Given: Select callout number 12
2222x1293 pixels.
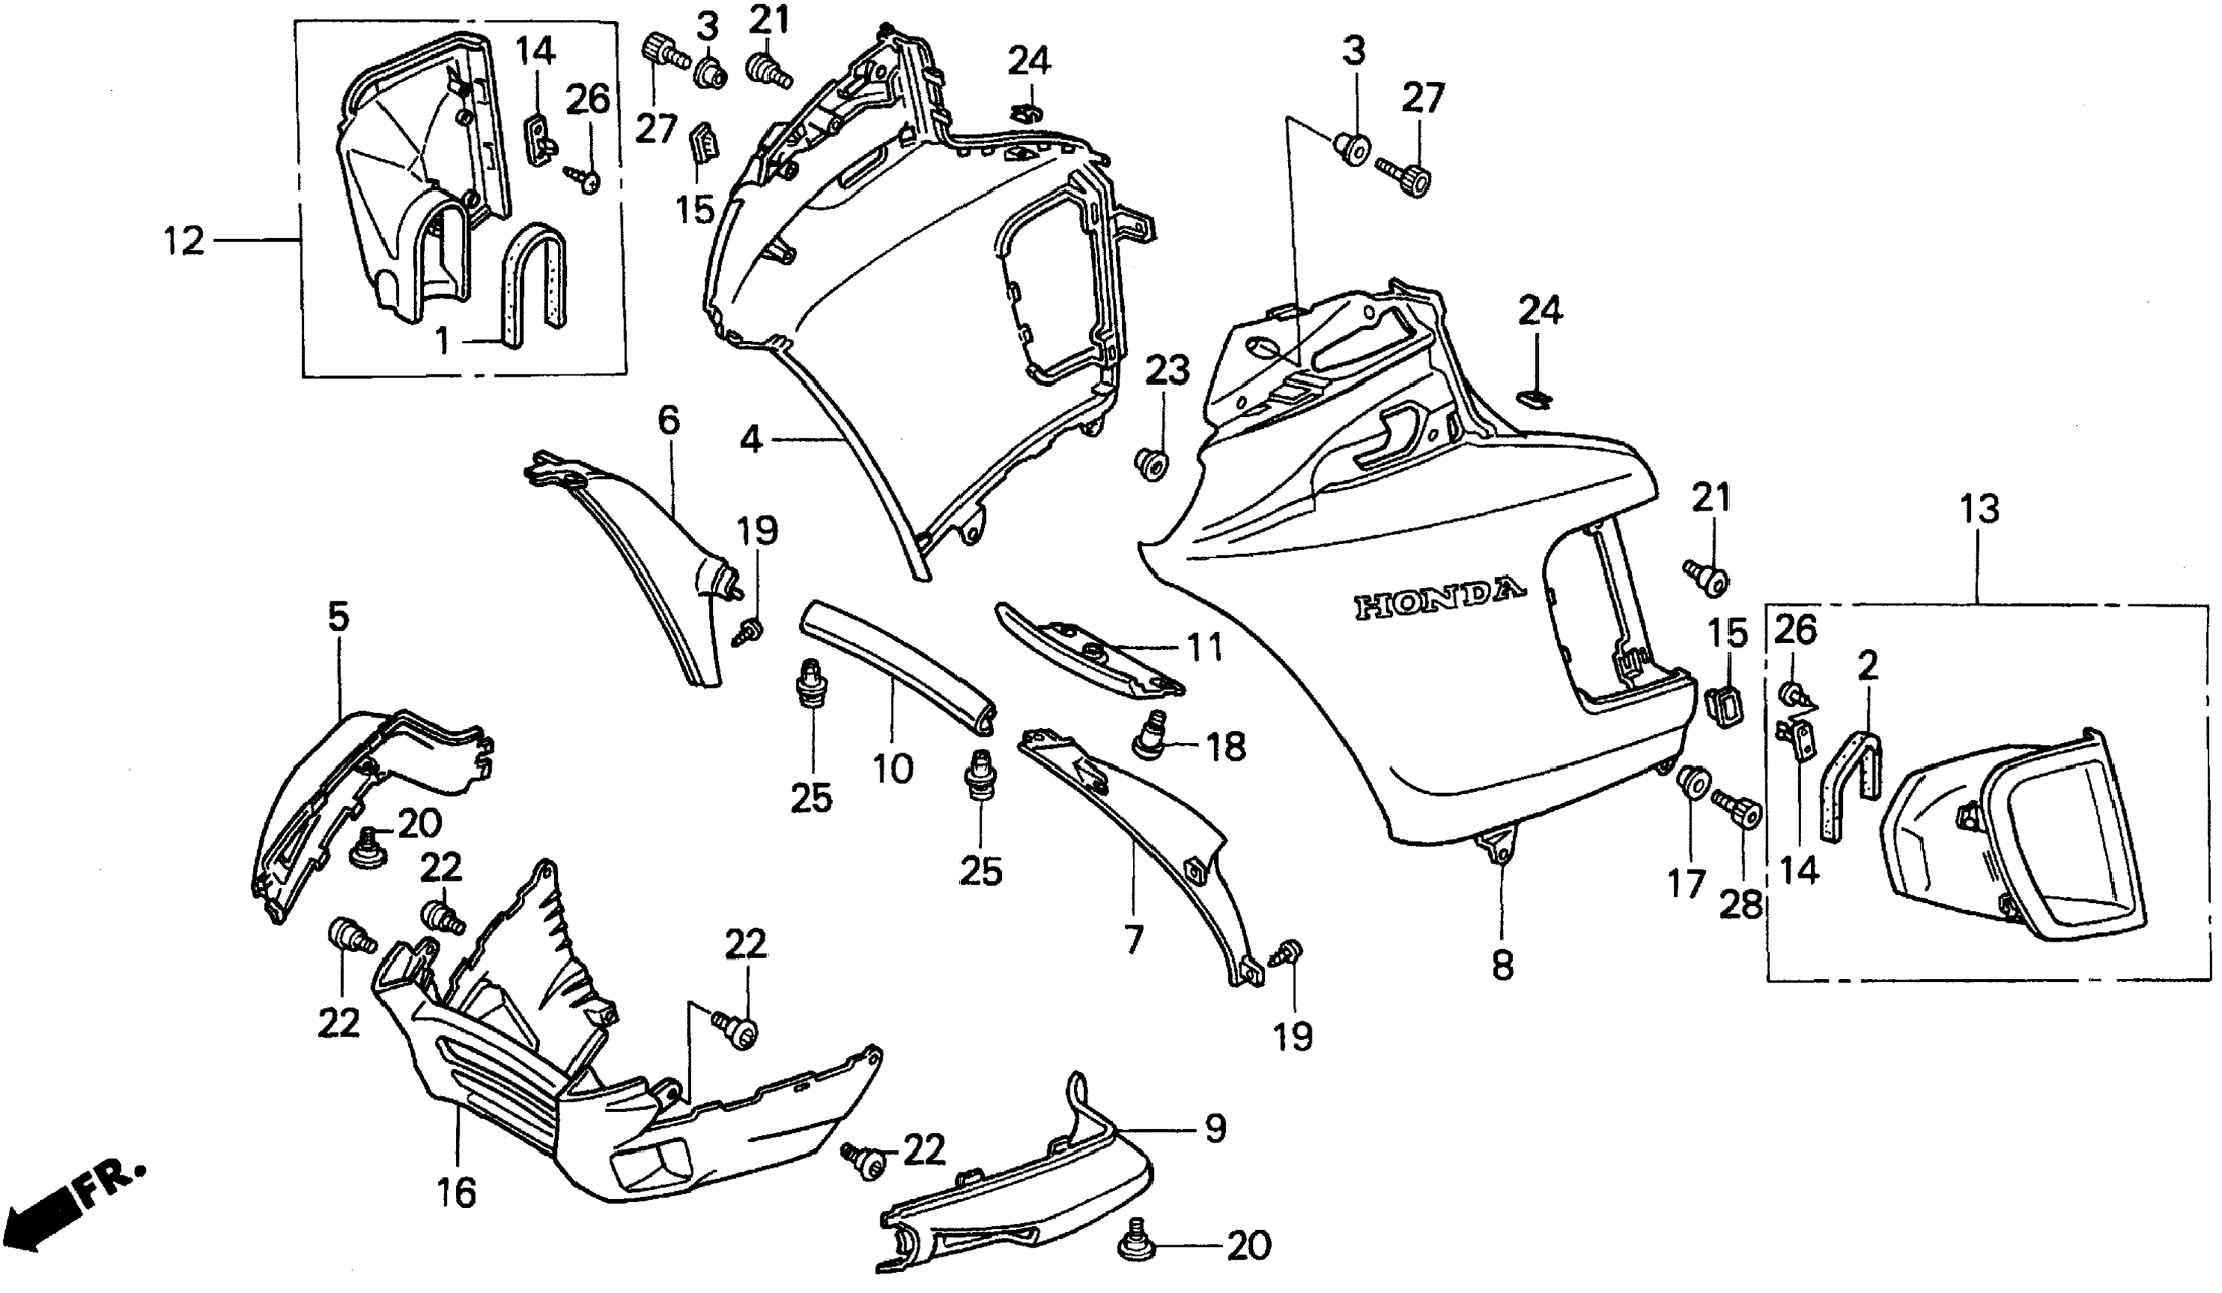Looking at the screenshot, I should pos(183,240).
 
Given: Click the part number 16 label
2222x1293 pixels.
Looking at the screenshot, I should pos(456,1193).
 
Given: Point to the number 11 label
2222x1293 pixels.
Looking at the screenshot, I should pos(1204,648).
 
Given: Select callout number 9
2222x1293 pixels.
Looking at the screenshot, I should pos(1215,1128).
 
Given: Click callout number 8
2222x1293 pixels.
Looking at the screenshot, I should pos(1502,965).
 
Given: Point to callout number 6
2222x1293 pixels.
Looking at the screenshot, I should pos(669,421).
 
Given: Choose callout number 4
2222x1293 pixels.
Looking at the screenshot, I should pos(750,439).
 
